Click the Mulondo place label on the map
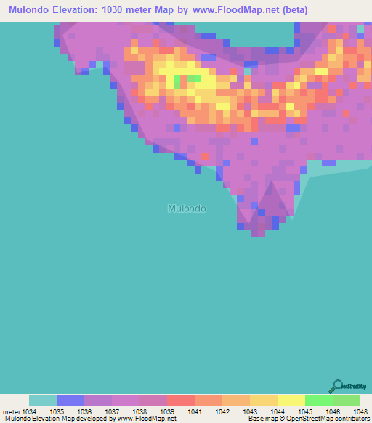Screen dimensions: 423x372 (187, 209)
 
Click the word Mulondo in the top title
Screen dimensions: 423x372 (31, 10)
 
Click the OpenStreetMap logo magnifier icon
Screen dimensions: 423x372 (336, 386)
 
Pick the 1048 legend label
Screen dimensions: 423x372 (352, 411)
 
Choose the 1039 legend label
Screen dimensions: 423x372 (167, 411)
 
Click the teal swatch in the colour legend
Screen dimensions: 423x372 (43, 400)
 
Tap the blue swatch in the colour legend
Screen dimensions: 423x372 (70, 400)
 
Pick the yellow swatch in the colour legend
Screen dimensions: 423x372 (291, 400)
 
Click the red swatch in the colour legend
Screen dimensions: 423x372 (181, 400)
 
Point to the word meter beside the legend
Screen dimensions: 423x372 (12, 411)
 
